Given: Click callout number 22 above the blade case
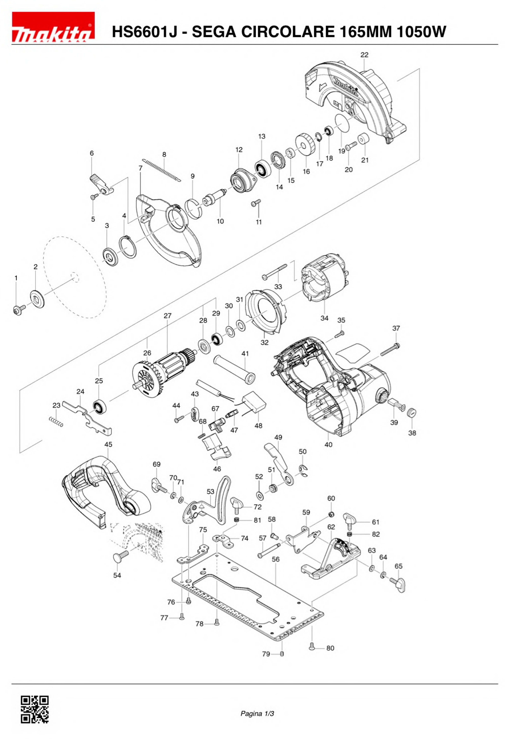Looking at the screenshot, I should coord(364,55).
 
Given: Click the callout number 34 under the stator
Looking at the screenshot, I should coord(324,318).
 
